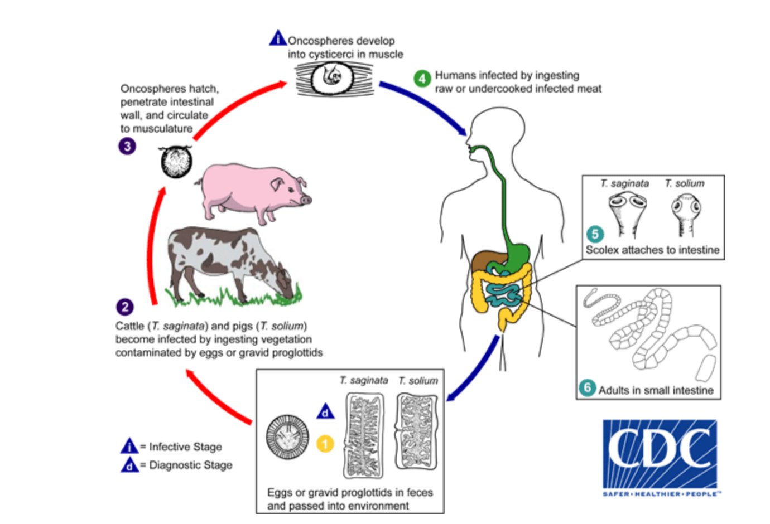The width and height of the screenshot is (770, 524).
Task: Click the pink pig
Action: click(251, 192)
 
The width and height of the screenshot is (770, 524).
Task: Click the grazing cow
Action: click(229, 262)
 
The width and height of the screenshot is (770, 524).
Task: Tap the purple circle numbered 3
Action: click(127, 147)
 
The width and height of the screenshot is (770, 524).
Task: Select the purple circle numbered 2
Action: click(125, 307)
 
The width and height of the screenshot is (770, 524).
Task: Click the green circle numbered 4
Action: click(422, 78)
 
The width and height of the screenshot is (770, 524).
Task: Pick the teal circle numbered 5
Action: click(595, 234)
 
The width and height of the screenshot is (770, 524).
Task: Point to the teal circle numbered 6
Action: click(587, 387)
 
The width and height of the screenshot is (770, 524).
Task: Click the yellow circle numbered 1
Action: click(325, 444)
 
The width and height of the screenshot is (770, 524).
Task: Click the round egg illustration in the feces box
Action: click(287, 436)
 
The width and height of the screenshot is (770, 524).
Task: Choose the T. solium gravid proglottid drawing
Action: click(416, 432)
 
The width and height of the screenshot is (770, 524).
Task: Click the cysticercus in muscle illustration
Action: click(333, 78)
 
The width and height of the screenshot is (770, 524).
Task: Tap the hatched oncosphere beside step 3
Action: click(176, 162)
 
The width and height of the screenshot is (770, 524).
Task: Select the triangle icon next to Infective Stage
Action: click(129, 446)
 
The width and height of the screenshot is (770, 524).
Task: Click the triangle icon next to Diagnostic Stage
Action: click(129, 464)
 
